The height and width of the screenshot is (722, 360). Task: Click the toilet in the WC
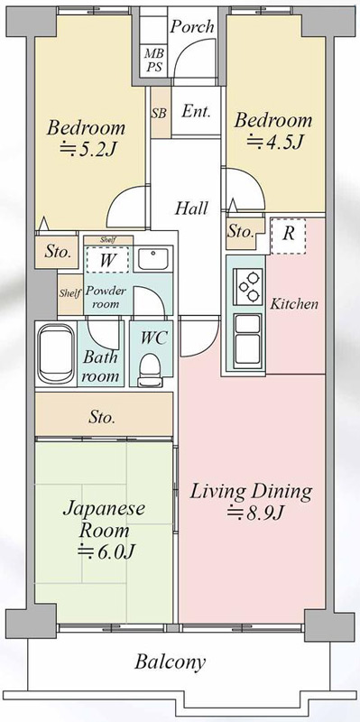click(x=150, y=368)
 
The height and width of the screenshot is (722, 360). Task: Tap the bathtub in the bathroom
click(x=56, y=354)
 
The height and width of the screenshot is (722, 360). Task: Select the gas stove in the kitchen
click(x=248, y=286)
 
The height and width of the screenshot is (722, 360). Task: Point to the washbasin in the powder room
click(x=153, y=260)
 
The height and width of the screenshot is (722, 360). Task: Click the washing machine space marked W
click(x=107, y=260)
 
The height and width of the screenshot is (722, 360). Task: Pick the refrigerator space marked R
click(x=289, y=236)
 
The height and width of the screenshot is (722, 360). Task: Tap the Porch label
click(x=192, y=26)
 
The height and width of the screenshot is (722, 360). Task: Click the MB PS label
click(x=154, y=60)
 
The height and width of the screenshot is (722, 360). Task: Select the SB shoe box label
click(x=160, y=113)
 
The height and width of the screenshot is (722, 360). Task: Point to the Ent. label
click(x=196, y=111)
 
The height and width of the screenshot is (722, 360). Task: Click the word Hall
click(x=191, y=208)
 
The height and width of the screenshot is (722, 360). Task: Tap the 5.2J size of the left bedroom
click(x=88, y=149)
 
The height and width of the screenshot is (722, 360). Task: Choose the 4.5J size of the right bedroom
click(x=274, y=142)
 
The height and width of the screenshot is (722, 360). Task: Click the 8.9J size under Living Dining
click(x=254, y=512)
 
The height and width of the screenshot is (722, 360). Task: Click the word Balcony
click(x=170, y=662)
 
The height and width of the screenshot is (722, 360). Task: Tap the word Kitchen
click(x=294, y=304)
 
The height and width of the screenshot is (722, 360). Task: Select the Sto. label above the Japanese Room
click(x=102, y=418)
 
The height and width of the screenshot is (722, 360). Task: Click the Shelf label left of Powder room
click(x=70, y=293)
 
